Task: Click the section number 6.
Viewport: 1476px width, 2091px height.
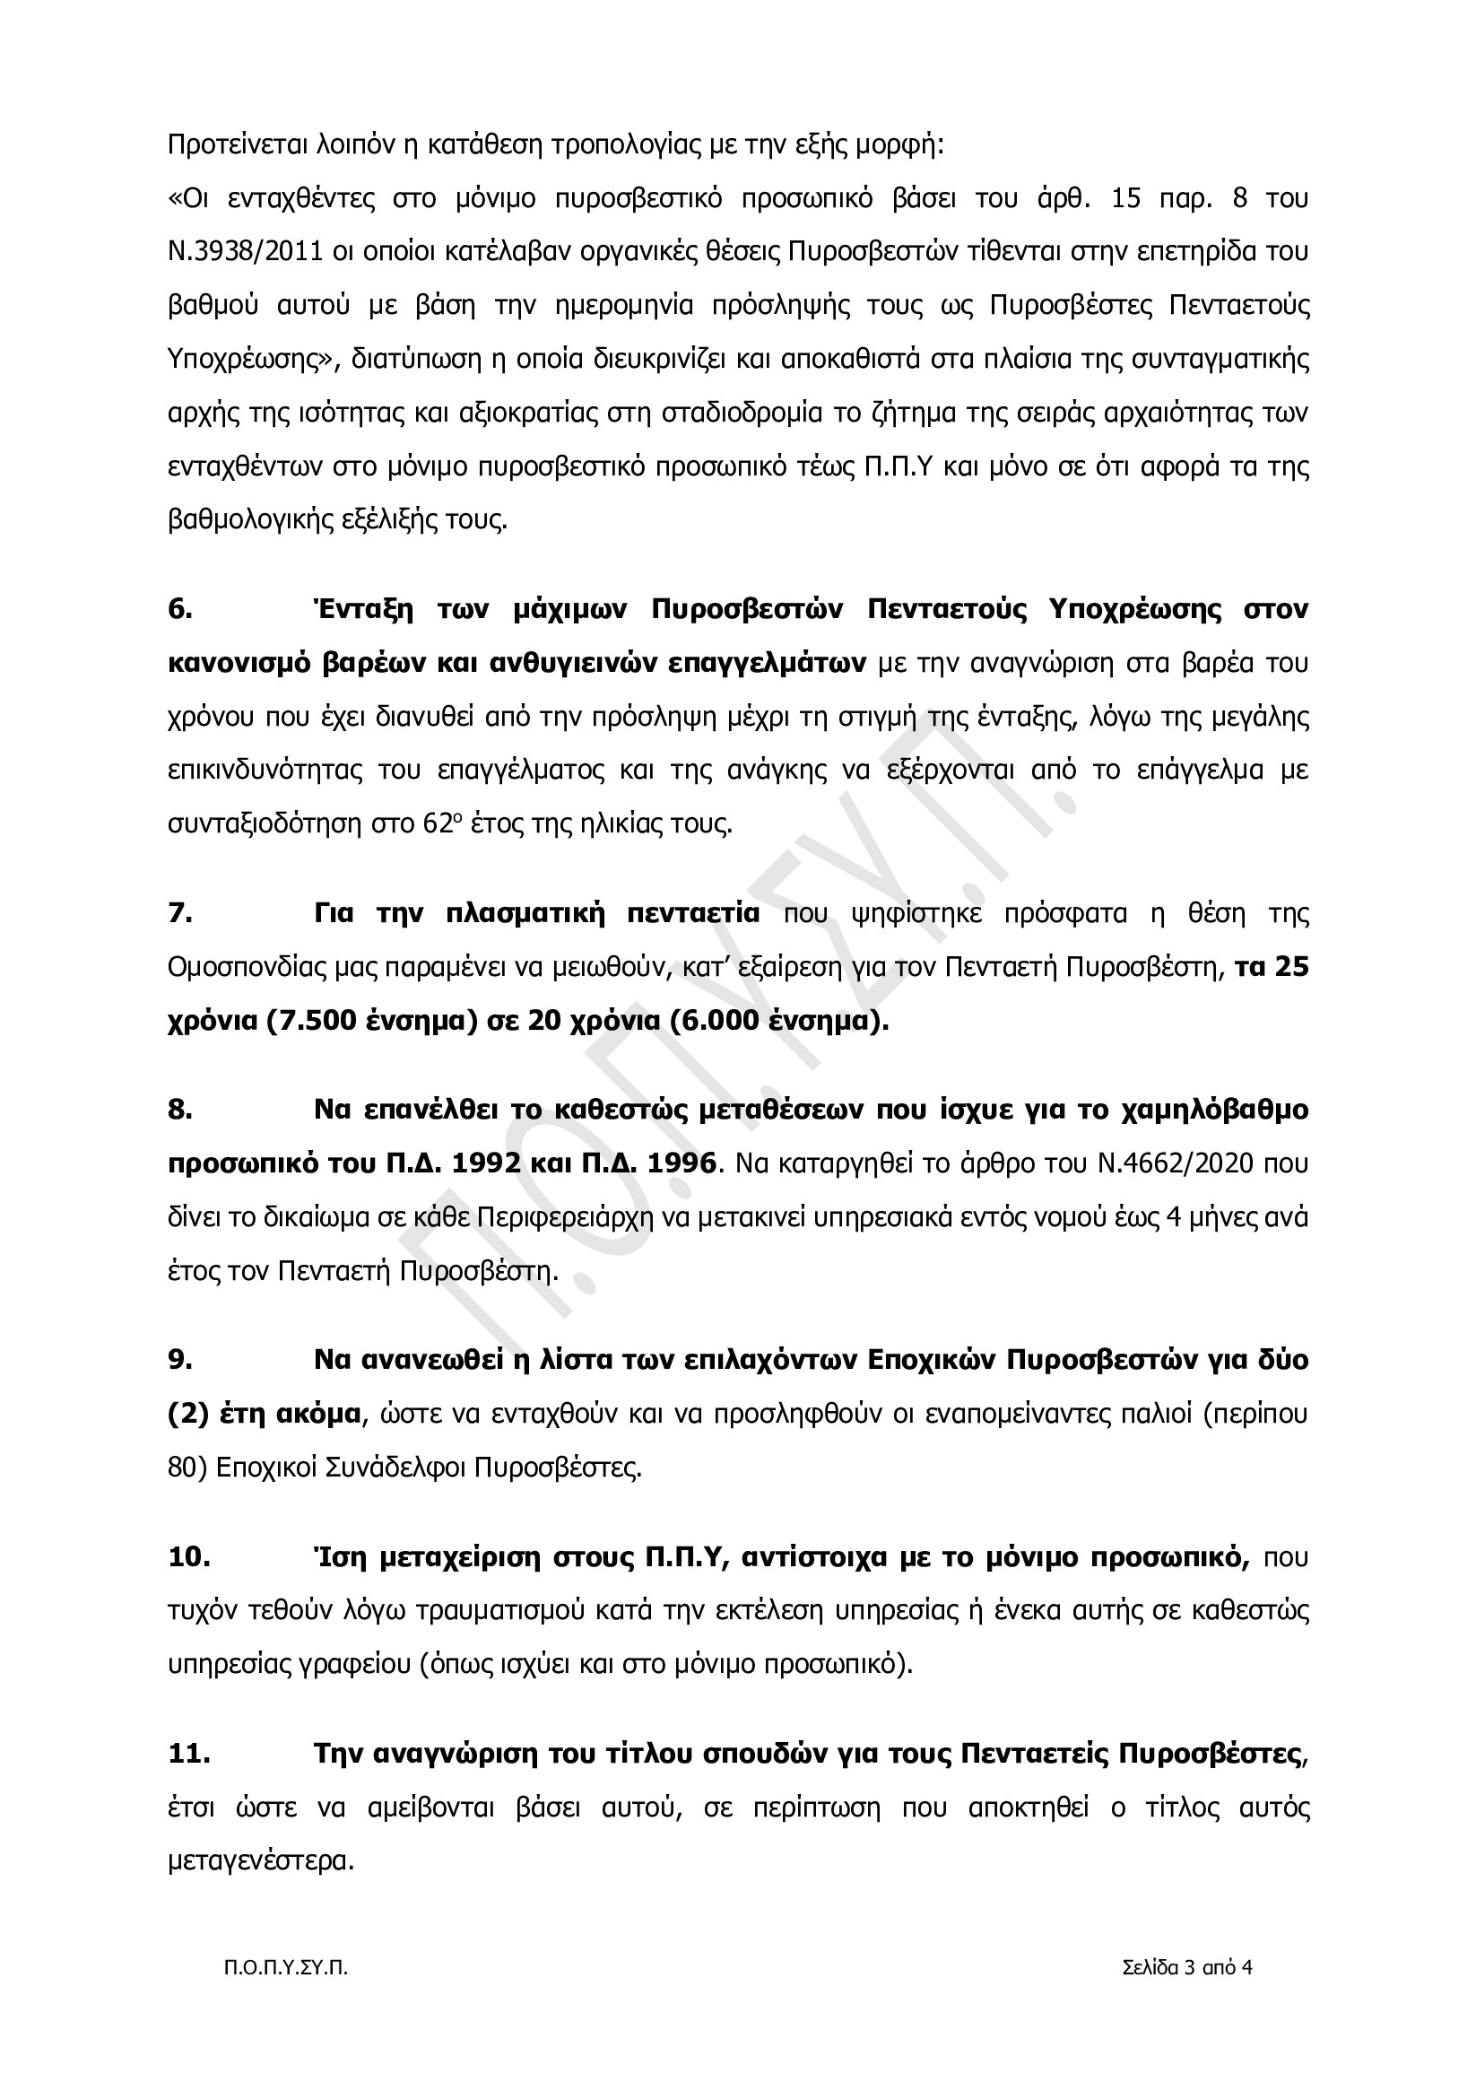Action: coord(180,609)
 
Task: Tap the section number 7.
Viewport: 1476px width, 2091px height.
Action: coord(180,913)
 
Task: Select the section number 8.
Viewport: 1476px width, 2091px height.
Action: coord(180,1110)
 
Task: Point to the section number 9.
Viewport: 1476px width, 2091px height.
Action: coord(180,1360)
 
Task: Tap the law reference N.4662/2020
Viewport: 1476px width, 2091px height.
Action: coord(1127,1163)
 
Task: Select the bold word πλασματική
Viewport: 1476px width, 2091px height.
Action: coord(525,913)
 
